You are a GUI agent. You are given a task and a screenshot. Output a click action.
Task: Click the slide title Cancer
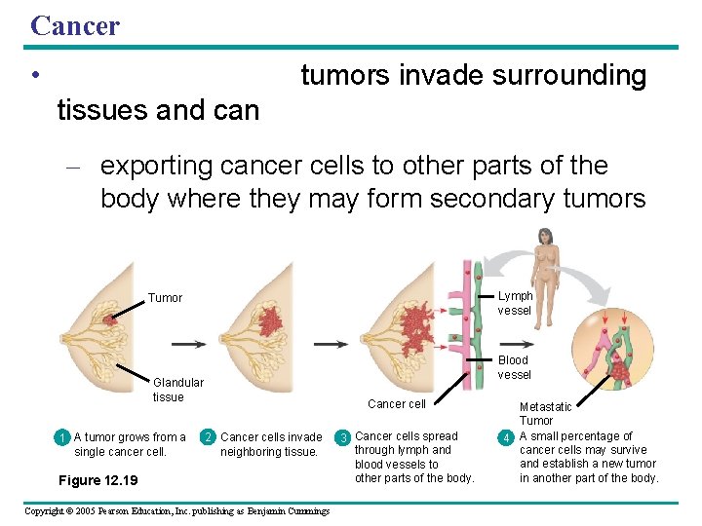tap(75, 25)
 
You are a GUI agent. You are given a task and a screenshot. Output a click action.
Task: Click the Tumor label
tap(165, 298)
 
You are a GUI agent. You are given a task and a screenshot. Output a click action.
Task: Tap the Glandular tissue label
tap(178, 390)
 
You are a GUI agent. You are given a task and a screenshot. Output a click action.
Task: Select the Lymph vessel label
tap(515, 303)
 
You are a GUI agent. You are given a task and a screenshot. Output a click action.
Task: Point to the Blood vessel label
tap(514, 367)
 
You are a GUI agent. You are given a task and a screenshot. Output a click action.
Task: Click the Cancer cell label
tap(396, 404)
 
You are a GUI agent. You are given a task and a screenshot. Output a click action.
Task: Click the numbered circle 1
tap(61, 437)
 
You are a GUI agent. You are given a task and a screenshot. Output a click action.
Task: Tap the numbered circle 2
tap(208, 437)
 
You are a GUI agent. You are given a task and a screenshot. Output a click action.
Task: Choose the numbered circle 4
tap(506, 436)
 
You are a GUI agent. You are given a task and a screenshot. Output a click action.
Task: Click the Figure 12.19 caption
tap(98, 480)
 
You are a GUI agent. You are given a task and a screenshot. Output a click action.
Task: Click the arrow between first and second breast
tap(188, 344)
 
